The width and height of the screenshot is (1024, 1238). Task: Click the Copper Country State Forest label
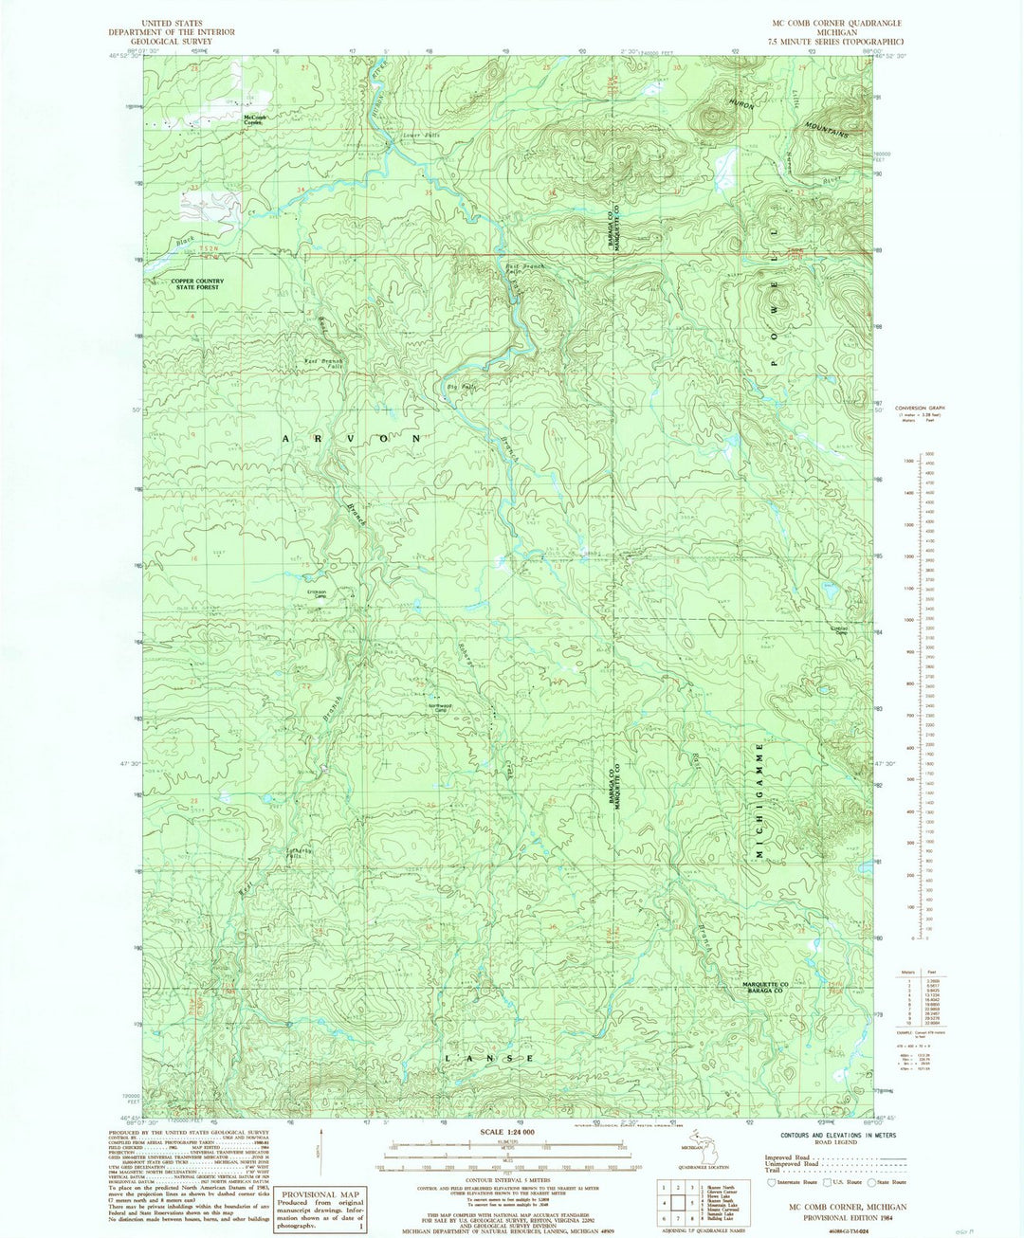(197, 283)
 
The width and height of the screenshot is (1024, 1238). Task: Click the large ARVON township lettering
(351, 439)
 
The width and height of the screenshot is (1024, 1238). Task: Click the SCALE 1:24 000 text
(508, 1133)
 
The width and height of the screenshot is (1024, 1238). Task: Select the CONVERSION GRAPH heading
(918, 409)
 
